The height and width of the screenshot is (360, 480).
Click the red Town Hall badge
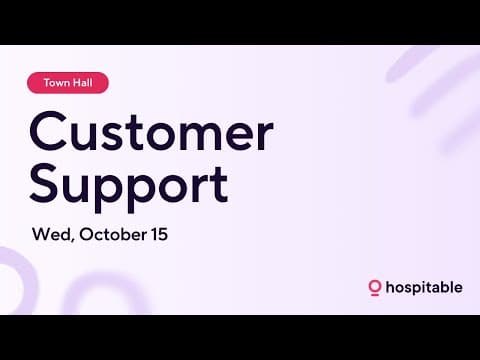point(68,84)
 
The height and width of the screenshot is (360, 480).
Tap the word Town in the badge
point(57,84)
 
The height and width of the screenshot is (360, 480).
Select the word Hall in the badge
point(83,84)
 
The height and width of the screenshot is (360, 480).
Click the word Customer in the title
point(150,132)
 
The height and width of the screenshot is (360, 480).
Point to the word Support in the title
point(128,186)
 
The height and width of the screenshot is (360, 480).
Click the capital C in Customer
point(48,132)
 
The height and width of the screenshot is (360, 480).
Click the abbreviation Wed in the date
point(51,236)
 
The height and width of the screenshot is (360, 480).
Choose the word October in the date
point(119,236)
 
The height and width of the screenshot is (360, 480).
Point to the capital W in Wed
point(42,236)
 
